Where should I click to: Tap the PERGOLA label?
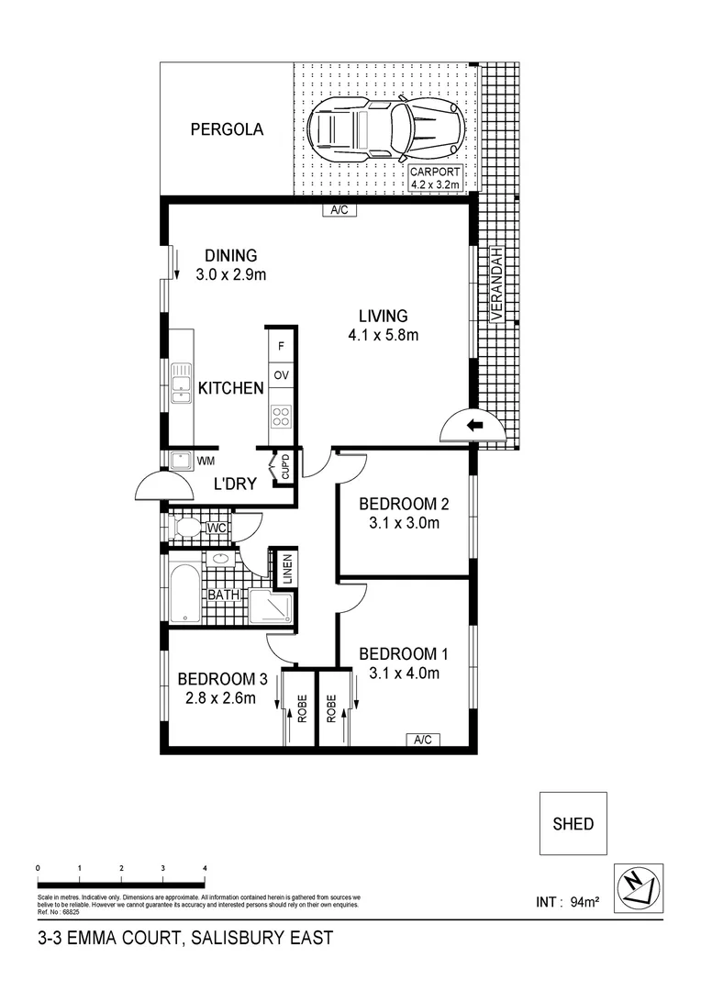[227, 130]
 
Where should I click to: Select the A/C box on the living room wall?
[339, 210]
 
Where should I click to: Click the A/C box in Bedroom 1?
[423, 740]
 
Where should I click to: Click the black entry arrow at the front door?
[474, 425]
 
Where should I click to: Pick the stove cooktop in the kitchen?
[281, 418]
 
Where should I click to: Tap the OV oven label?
[281, 376]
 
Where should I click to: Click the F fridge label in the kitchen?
[281, 346]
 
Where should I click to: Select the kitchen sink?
[178, 384]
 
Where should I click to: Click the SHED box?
[573, 824]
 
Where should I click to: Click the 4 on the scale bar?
[205, 867]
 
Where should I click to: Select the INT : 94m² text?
[567, 902]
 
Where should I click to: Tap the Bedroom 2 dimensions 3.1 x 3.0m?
[404, 524]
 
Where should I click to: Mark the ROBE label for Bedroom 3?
[300, 709]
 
